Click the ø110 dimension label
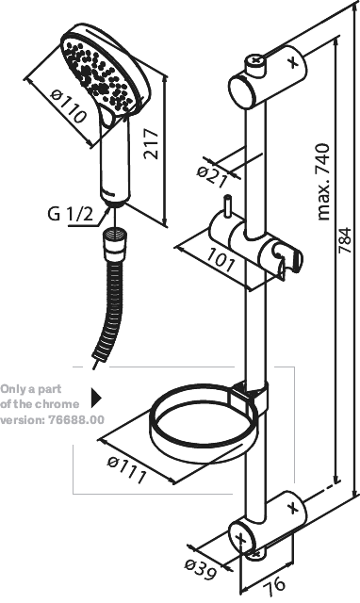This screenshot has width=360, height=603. tap(68, 106)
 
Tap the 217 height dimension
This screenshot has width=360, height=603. tap(151, 144)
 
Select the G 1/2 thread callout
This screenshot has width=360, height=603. tap(71, 214)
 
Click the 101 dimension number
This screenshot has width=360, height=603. tap(221, 263)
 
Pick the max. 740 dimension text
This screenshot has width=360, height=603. tap(322, 181)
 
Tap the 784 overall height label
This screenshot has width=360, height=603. tap(344, 240)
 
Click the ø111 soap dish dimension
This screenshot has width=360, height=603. tap(126, 469)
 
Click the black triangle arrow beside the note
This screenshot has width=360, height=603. tap(96, 398)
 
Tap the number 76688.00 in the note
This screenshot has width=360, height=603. tap(76, 419)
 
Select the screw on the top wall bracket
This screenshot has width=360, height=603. tap(255, 60)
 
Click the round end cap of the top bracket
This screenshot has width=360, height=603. tap(243, 91)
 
